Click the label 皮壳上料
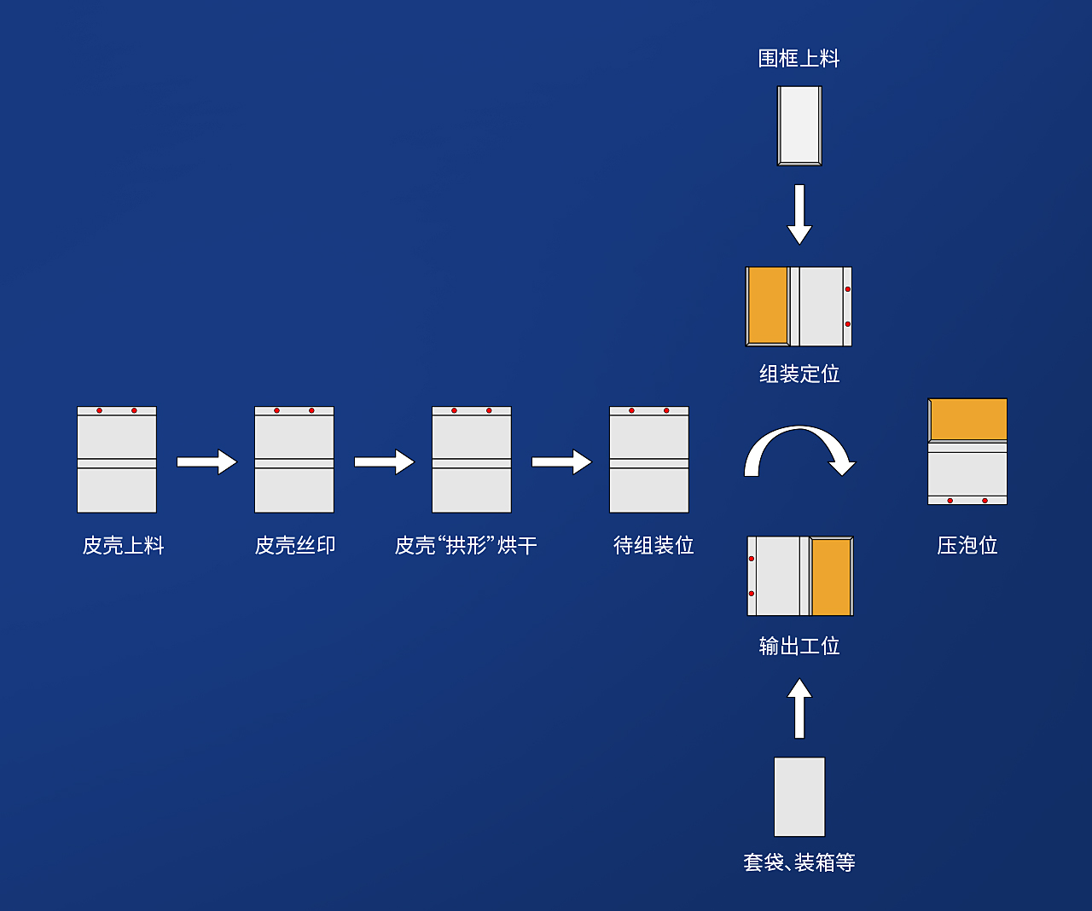tap(123, 545)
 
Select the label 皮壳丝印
tap(294, 545)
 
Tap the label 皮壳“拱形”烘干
tap(466, 545)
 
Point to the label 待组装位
tap(653, 545)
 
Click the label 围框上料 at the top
tap(799, 58)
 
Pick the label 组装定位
tap(799, 374)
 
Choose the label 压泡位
tap(967, 545)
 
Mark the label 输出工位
tap(799, 646)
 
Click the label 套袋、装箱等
tap(799, 862)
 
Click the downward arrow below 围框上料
tap(799, 214)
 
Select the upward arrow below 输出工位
tap(799, 708)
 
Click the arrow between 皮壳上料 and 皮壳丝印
tap(206, 461)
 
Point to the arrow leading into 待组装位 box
tap(561, 461)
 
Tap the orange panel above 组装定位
tap(768, 306)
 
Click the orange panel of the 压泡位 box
tap(968, 420)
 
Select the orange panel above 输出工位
tap(831, 576)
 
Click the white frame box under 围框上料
tap(799, 126)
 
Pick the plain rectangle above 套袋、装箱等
tap(799, 797)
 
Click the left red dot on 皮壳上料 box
tap(99, 410)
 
